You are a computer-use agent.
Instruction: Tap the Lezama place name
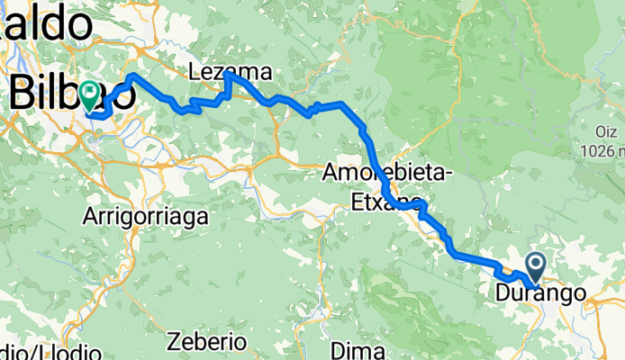[230, 72]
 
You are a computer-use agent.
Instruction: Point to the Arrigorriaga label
[146, 216]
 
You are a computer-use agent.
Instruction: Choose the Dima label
[352, 348]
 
